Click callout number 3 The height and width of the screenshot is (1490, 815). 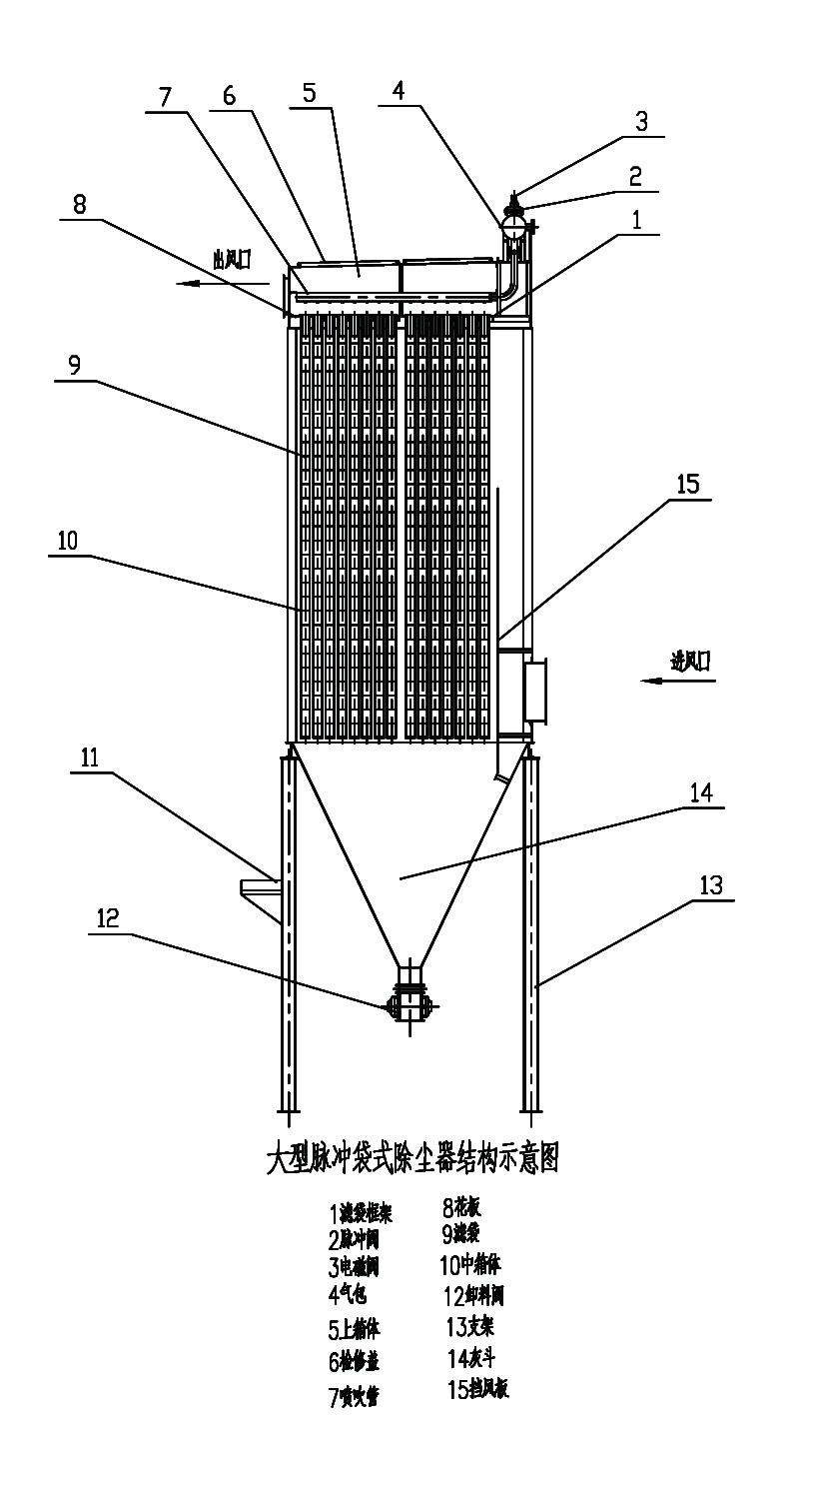point(642,121)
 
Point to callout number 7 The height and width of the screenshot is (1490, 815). point(165,97)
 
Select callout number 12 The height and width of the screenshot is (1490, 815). point(108,919)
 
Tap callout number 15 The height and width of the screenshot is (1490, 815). point(688,485)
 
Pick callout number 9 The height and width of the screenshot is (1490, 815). point(74,366)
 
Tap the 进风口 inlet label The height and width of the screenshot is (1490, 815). point(691,661)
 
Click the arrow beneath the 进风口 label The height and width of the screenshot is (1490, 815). point(679,681)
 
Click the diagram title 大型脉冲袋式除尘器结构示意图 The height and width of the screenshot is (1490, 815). point(409,1160)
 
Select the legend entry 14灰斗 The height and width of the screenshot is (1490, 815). point(471,1358)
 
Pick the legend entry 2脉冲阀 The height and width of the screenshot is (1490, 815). point(354,1240)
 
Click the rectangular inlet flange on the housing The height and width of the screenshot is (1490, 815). point(534,691)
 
